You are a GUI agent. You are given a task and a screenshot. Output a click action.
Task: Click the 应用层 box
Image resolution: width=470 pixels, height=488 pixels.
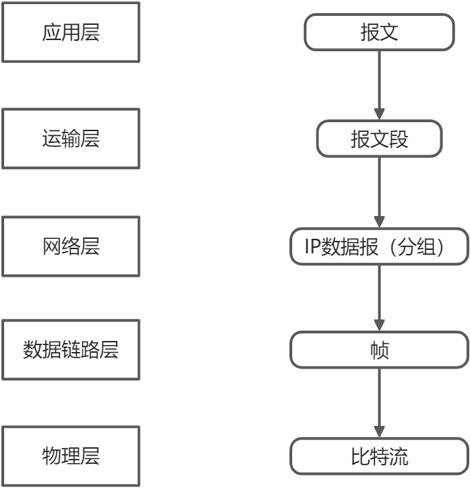[x=70, y=33]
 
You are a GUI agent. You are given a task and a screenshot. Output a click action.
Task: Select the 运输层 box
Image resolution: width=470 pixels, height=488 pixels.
[x=70, y=139]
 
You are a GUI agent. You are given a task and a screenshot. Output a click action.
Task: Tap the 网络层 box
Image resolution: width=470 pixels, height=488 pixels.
[x=70, y=246]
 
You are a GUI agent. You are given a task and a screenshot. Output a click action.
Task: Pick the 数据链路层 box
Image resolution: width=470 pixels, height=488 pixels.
[x=70, y=350]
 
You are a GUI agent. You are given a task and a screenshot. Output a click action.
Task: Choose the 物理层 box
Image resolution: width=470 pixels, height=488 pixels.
[x=70, y=456]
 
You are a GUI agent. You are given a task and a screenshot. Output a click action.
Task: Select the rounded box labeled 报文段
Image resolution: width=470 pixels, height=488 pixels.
[x=379, y=139]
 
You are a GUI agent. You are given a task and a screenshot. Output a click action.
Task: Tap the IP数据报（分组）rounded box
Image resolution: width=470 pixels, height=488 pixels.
[x=379, y=246]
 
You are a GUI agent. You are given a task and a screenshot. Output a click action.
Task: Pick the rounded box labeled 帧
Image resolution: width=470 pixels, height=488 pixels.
[x=379, y=351]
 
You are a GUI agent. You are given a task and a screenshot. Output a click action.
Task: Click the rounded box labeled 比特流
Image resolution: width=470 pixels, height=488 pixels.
[x=379, y=456]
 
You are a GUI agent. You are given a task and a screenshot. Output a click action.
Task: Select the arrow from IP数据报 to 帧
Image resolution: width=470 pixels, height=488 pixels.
[x=379, y=297]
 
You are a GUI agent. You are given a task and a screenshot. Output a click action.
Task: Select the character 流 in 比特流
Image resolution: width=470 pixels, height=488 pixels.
[x=399, y=456]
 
